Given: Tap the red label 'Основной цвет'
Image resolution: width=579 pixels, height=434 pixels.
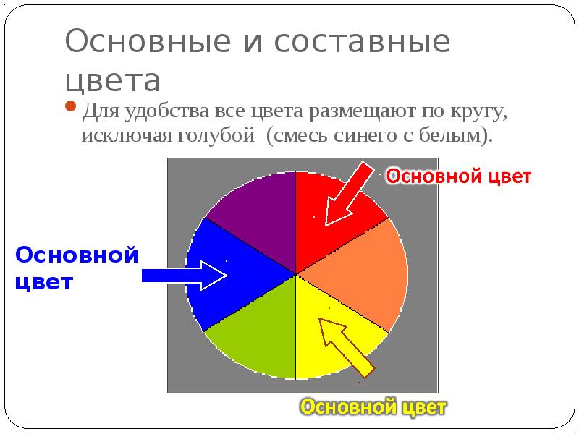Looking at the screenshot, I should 457,176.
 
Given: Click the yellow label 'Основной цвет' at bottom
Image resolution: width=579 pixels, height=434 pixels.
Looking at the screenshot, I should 373,408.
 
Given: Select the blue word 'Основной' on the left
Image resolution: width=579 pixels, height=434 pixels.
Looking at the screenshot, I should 76,255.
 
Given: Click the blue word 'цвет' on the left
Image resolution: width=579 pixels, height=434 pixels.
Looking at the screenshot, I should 44,282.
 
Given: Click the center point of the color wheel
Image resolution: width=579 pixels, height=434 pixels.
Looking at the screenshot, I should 296,274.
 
